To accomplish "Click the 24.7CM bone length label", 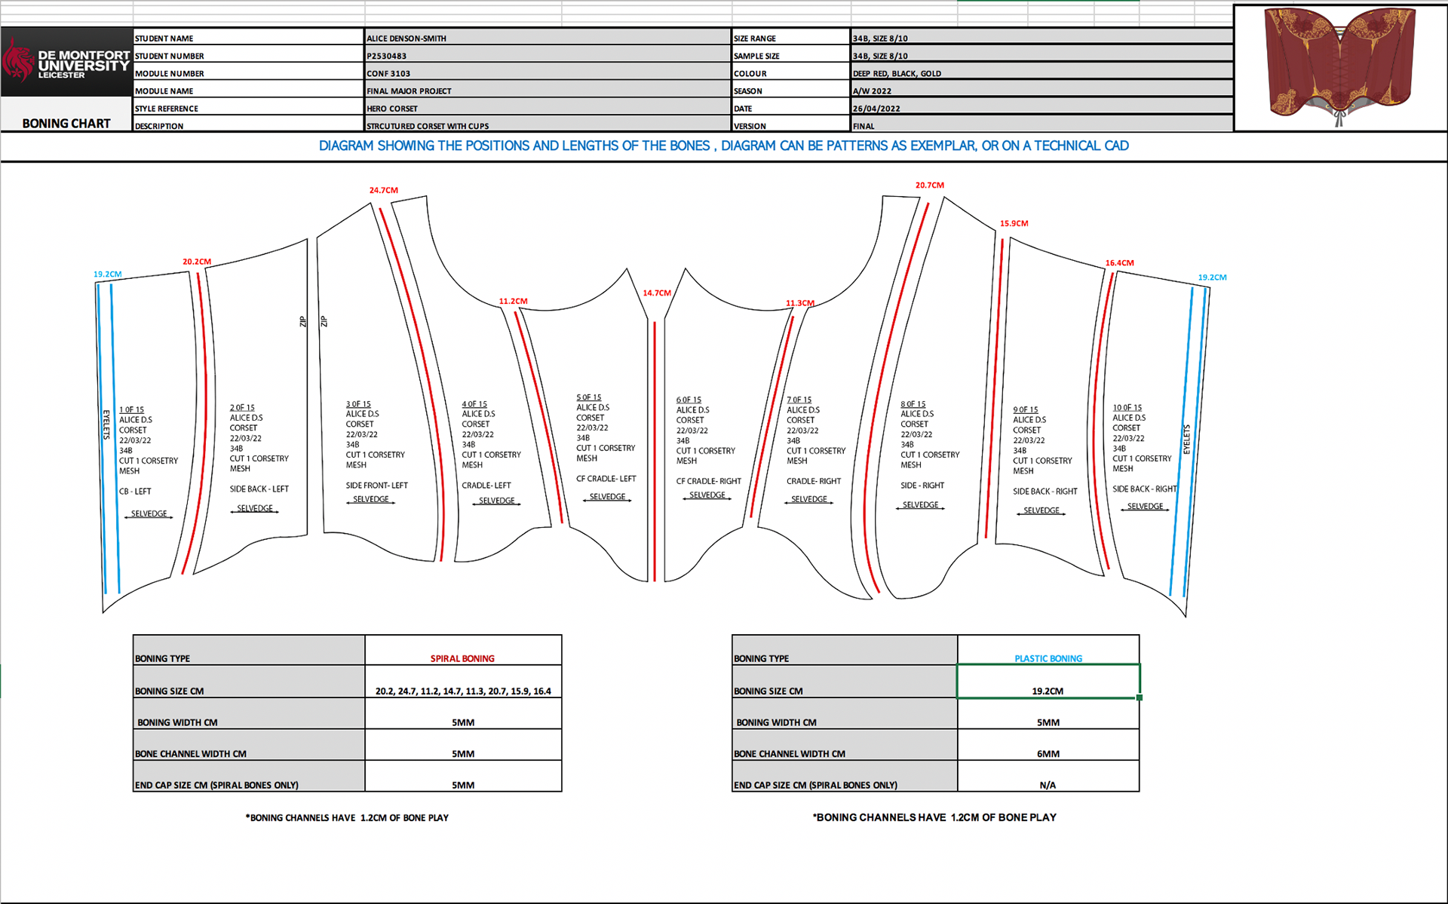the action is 383,190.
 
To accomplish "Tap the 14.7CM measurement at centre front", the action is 656,293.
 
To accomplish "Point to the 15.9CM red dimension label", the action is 1014,223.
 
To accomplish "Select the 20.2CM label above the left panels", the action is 197,262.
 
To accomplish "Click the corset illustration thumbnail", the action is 1340,66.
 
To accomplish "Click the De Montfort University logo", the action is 66,62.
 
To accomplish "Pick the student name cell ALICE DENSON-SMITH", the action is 406,38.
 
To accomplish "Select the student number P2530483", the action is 387,56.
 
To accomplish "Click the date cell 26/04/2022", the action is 876,109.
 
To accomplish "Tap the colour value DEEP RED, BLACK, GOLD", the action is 897,74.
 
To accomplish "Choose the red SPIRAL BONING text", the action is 462,658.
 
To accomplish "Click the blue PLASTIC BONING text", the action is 1048,658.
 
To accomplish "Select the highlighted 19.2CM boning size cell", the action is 1048,682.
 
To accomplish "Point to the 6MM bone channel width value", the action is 1048,754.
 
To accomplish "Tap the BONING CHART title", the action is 66,124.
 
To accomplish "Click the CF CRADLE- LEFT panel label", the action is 606,479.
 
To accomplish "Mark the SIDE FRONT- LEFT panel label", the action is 376,486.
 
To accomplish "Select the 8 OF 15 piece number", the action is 913,404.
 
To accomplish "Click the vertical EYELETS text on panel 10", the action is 1186,440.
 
